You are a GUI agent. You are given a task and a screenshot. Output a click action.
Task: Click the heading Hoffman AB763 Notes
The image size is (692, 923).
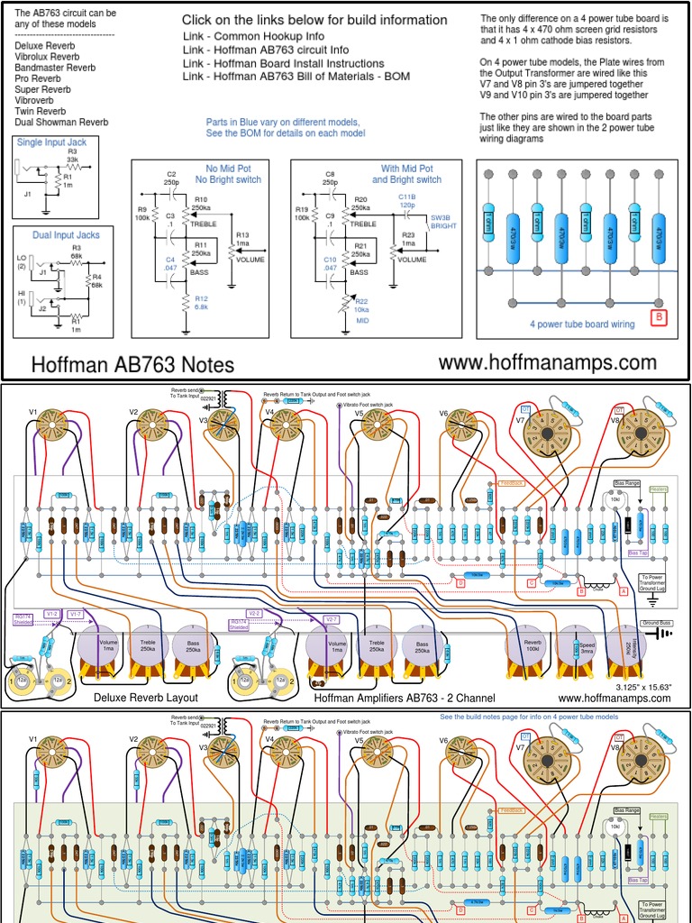click(x=132, y=364)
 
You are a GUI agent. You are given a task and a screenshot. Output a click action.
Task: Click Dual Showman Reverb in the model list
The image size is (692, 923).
click(x=62, y=122)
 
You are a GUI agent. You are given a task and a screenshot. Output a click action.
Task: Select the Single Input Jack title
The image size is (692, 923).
click(x=52, y=142)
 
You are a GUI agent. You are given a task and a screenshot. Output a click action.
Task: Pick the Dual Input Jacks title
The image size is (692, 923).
click(x=66, y=234)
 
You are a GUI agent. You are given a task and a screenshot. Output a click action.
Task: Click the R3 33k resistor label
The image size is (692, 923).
click(x=73, y=155)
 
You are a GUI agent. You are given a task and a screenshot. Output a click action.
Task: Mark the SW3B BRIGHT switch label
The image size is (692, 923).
click(x=443, y=222)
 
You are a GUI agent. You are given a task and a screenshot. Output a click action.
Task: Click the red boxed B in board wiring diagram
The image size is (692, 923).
click(x=659, y=317)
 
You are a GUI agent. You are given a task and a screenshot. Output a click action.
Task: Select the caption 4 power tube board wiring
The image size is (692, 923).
click(x=583, y=324)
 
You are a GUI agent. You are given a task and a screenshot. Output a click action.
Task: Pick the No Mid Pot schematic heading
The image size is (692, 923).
click(x=232, y=169)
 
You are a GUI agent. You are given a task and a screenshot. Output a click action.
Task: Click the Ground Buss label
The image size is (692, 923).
click(x=655, y=623)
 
